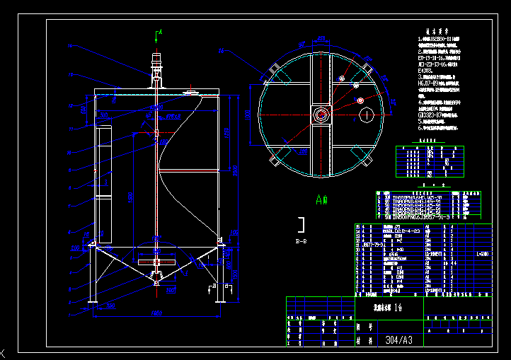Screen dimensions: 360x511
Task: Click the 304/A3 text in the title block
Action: point(401,340)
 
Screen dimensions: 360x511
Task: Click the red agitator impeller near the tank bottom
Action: point(156,263)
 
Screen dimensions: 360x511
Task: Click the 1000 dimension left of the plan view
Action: point(248,115)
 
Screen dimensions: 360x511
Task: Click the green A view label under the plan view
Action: point(321,199)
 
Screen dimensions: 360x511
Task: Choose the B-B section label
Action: point(301,241)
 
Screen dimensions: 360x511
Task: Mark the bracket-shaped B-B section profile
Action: point(302,225)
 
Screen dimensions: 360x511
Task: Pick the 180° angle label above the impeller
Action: point(156,251)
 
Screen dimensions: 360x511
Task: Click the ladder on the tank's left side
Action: point(104,184)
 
